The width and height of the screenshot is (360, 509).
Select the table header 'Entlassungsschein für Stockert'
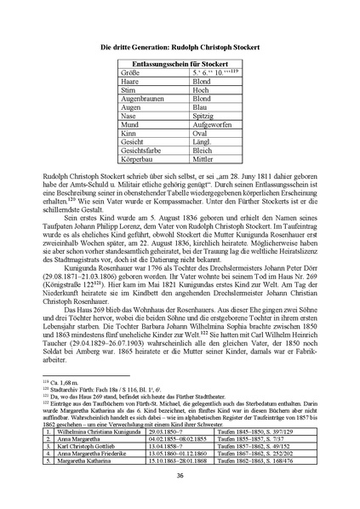[x=179, y=65]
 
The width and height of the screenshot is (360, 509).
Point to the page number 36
[x=180, y=475]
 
